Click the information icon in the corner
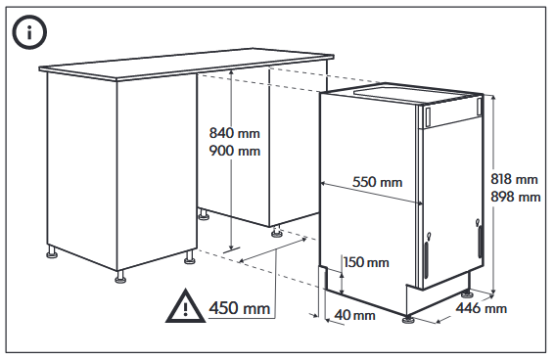coord(29,32)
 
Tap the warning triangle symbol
coord(185,306)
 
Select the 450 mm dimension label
coord(240,307)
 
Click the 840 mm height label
coord(235,133)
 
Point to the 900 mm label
coord(235,151)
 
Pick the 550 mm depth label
coord(377,182)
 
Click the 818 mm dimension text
coord(514,179)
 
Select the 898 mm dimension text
coord(515,197)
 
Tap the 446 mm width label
coord(481,308)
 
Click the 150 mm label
coord(366,262)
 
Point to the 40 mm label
coord(355,315)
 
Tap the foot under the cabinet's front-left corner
coord(120,278)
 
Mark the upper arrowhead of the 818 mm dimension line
coord(493,97)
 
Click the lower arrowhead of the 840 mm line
coord(231,247)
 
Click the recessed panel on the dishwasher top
coord(413,92)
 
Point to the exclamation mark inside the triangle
coord(185,309)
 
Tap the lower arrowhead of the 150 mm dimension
coord(342,291)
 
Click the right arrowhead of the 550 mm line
coord(420,202)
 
